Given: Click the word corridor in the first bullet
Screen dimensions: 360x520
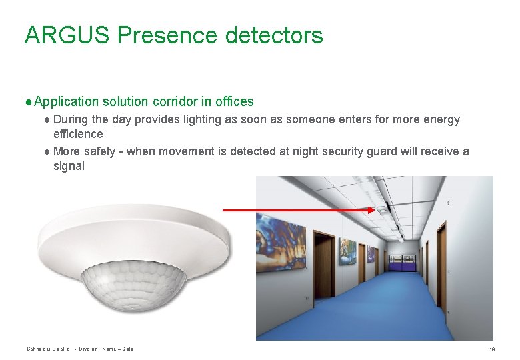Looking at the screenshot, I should coord(175,102).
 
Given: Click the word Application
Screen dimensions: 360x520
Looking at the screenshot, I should coord(65,102).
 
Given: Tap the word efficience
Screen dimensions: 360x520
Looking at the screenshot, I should coord(78,134).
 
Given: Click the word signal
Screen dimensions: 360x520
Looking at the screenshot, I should coord(69,166).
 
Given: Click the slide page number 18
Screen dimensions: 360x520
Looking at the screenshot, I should coord(492,349).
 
